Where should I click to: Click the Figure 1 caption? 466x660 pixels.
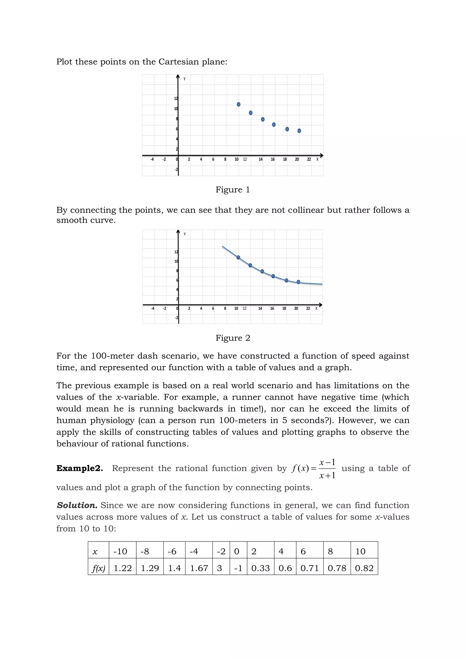[233, 190]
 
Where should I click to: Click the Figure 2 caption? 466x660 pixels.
[233, 338]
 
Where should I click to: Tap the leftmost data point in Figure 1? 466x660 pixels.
[238, 104]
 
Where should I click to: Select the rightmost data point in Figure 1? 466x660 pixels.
[299, 131]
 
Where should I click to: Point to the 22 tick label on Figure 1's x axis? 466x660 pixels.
[309, 160]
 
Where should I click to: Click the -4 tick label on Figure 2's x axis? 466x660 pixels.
[152, 308]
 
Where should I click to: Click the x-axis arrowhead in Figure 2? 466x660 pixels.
[321, 305]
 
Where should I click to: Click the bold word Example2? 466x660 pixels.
[79, 468]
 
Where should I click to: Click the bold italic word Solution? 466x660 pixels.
[77, 505]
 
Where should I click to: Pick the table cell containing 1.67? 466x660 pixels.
[199, 568]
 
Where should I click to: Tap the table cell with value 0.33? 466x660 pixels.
[260, 568]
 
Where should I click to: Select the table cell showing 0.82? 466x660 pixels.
[364, 568]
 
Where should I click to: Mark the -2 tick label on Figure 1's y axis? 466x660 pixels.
[176, 170]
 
